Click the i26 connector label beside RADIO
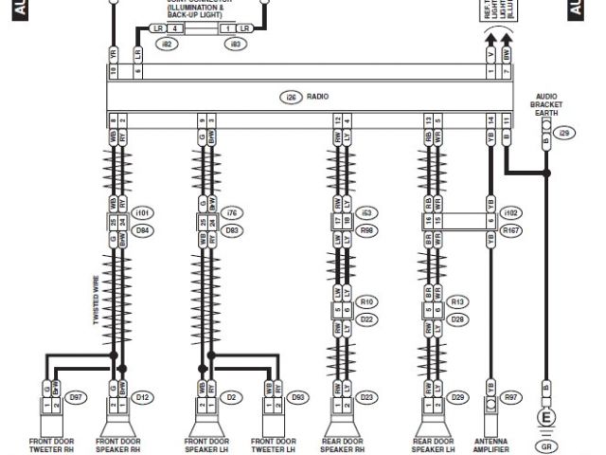click(x=290, y=97)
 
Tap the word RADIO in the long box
click(x=317, y=97)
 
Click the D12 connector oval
click(x=143, y=397)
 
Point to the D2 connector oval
click(x=231, y=397)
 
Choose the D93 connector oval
click(x=298, y=397)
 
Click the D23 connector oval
click(x=366, y=397)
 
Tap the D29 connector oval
click(x=458, y=397)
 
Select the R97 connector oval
click(x=512, y=397)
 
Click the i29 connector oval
click(x=565, y=134)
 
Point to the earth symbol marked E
click(x=545, y=417)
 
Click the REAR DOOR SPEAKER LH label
click(x=435, y=445)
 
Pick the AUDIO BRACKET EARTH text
click(x=546, y=104)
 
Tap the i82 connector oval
click(x=166, y=44)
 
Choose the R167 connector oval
click(x=511, y=230)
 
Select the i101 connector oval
click(x=143, y=213)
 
